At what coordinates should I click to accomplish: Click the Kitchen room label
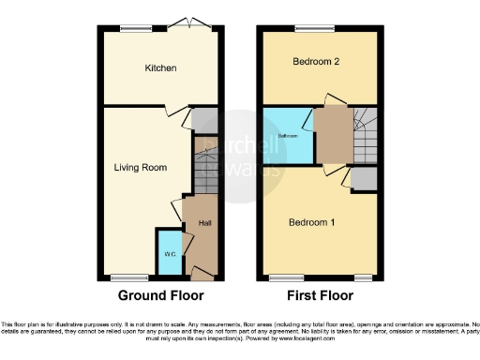point(160,68)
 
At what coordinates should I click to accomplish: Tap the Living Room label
point(141,168)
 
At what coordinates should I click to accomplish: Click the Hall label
point(204,222)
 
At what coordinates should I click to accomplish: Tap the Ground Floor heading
point(160,295)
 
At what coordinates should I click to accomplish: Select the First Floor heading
point(319,295)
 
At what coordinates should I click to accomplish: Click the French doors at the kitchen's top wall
point(194,25)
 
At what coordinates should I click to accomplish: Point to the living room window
point(129,277)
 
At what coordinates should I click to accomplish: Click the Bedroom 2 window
point(308,27)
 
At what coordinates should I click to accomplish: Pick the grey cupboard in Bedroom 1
point(365,179)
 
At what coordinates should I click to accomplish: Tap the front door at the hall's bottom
point(201,273)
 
